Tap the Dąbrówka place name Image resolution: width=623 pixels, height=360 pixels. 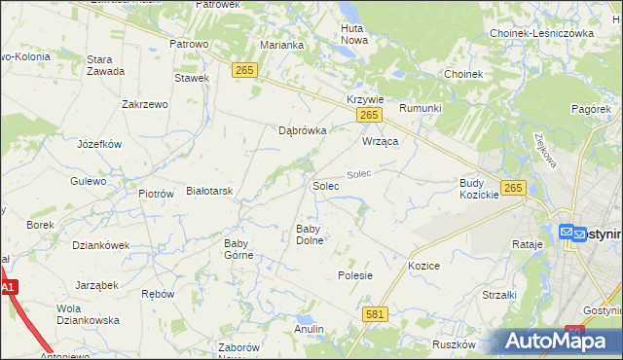(x=302, y=129)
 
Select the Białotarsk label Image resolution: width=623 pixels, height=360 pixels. (x=209, y=192)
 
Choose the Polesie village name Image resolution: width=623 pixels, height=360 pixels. (x=355, y=275)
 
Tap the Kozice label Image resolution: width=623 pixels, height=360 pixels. (x=424, y=266)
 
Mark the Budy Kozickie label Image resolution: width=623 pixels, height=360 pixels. (x=479, y=189)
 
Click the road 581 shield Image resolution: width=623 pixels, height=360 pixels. (x=376, y=314)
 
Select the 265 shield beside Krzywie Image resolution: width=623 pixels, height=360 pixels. (x=368, y=116)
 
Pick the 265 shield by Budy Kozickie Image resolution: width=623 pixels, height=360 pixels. (x=515, y=188)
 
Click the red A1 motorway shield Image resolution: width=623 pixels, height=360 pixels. (x=8, y=288)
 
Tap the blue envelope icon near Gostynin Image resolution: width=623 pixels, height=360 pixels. (x=568, y=232)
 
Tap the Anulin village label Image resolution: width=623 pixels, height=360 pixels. (x=309, y=329)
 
